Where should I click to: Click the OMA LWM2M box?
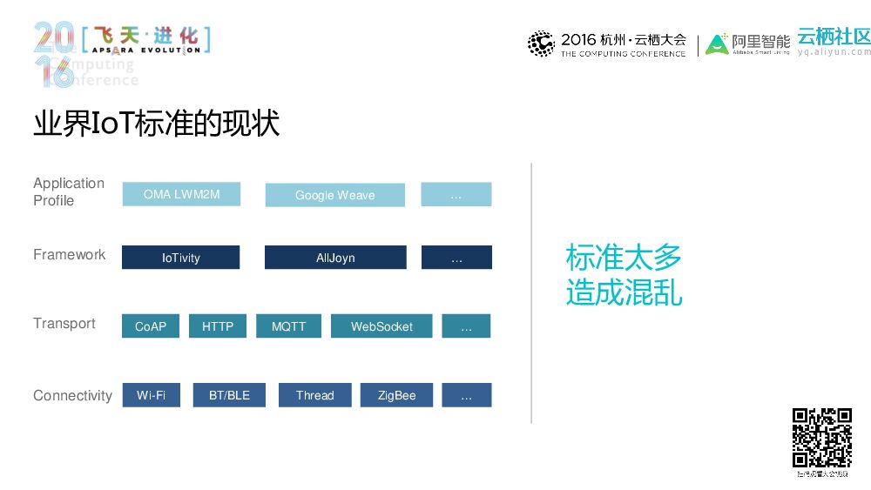(181, 194)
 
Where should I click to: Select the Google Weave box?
(334, 195)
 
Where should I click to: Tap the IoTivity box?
(180, 258)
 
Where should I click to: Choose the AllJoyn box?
(335, 258)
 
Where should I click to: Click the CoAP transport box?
(151, 326)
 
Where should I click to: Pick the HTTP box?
(218, 326)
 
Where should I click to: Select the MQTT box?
(288, 326)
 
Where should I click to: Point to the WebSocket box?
(381, 326)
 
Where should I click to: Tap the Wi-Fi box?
(151, 395)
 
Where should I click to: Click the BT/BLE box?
(229, 395)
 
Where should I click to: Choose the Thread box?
(314, 395)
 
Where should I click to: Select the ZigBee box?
(396, 395)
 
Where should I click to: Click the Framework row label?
(69, 254)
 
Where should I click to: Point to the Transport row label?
(64, 323)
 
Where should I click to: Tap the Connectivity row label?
(72, 395)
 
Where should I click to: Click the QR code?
(821, 438)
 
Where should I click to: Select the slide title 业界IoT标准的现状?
(156, 124)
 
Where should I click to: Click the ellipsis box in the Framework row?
(456, 258)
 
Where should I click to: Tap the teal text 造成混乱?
(624, 292)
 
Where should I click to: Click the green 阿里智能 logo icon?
(717, 44)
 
